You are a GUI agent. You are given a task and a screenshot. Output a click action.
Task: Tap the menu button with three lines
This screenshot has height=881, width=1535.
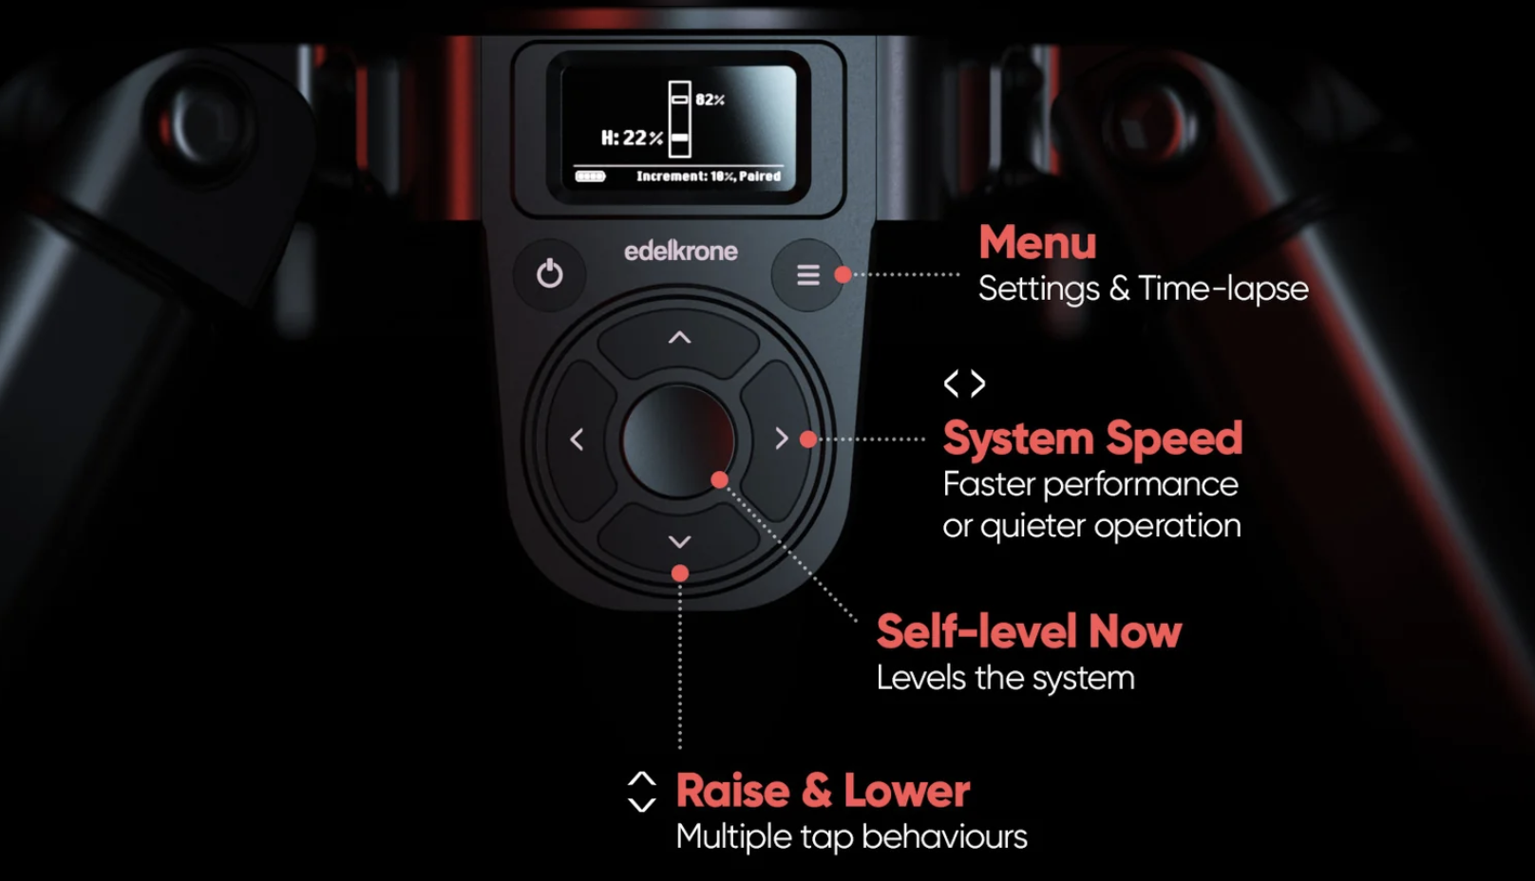[808, 274]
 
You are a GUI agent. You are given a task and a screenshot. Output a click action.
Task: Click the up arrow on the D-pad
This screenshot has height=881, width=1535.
[679, 338]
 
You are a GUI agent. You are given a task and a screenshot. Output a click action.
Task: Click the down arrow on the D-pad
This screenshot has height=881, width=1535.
[679, 542]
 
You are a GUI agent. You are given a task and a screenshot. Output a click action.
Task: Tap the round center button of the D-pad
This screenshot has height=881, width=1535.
[677, 440]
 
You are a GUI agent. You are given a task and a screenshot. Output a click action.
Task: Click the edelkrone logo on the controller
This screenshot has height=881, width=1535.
[680, 252]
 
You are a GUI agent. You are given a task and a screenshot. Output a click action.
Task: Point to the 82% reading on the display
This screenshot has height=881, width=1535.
[710, 100]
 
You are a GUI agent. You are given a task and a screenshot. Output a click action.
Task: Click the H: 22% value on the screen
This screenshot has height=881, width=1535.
[632, 138]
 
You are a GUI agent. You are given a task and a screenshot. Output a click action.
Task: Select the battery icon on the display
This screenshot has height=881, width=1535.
[590, 177]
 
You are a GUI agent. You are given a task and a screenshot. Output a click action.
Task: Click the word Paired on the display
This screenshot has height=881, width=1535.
[760, 176]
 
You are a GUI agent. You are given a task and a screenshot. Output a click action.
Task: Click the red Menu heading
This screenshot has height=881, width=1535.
[1037, 242]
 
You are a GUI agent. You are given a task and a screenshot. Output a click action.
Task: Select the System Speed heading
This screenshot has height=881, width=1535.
[1092, 438]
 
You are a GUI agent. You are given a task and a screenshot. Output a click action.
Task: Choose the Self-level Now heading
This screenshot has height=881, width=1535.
[1030, 631]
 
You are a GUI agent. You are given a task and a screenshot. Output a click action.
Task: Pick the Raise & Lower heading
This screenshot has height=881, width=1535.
[823, 791]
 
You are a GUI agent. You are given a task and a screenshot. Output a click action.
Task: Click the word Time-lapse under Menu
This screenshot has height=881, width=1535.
[1223, 289]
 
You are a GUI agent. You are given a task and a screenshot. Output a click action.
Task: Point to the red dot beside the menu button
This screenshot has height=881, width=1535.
[843, 274]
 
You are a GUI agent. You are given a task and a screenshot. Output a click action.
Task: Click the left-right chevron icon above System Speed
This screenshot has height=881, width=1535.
[965, 384]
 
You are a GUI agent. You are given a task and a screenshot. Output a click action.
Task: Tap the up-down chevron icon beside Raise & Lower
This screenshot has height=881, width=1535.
[642, 792]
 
